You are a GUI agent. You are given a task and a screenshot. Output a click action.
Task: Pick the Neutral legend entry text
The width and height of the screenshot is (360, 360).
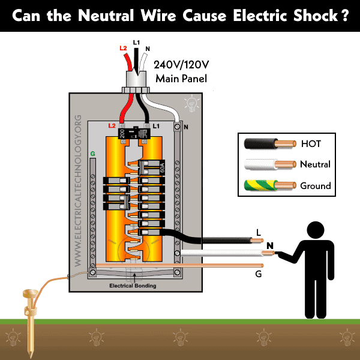[x=315, y=164]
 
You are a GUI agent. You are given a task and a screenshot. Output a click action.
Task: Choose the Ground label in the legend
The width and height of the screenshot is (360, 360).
[x=316, y=185]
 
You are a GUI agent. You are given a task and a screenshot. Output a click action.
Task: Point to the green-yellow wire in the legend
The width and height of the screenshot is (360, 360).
[x=270, y=185]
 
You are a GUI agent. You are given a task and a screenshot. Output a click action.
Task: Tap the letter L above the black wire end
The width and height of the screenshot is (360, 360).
[x=258, y=232]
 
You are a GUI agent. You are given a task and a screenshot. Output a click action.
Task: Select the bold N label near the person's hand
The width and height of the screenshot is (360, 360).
[x=270, y=245]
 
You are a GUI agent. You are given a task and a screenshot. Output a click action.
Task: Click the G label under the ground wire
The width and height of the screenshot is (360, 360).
[x=259, y=274]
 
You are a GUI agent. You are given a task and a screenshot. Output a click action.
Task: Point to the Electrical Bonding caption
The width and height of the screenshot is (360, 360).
[x=133, y=286]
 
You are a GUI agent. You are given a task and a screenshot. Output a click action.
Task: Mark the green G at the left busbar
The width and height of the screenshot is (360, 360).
[x=93, y=154]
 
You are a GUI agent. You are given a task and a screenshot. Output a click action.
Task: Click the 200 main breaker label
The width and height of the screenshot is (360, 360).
[x=122, y=134]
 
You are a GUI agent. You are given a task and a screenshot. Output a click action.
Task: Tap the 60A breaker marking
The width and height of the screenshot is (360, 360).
[x=160, y=167]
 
